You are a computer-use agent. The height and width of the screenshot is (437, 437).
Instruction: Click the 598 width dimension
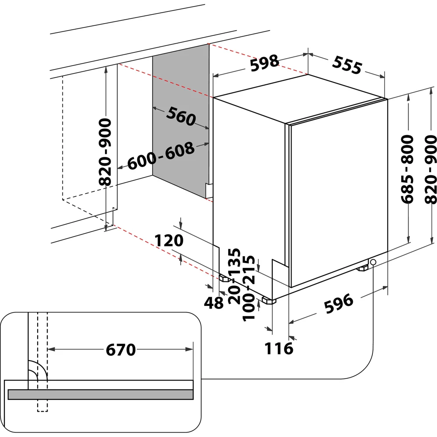coord(264,62)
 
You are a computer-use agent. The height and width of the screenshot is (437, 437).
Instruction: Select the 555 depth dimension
coord(347,65)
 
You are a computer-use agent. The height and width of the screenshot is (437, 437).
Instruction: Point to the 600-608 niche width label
coord(161,156)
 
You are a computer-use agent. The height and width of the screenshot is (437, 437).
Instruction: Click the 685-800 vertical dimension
coord(407,169)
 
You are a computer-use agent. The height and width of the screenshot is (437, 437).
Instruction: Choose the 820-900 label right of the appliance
coord(431,169)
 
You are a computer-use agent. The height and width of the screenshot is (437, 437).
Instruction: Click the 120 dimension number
coord(169,240)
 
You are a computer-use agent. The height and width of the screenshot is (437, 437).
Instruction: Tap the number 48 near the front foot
coord(214,303)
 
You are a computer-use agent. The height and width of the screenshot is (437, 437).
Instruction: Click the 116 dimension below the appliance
coord(279,348)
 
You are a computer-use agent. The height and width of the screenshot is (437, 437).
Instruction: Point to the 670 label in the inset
coord(121,350)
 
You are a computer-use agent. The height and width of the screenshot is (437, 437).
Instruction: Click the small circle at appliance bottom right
coord(374,262)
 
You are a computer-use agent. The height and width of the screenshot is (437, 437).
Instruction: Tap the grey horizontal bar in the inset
coord(101,394)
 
